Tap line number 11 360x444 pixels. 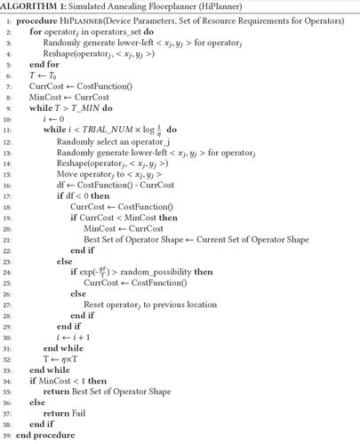tap(9, 130)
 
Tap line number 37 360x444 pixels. tap(9, 412)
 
